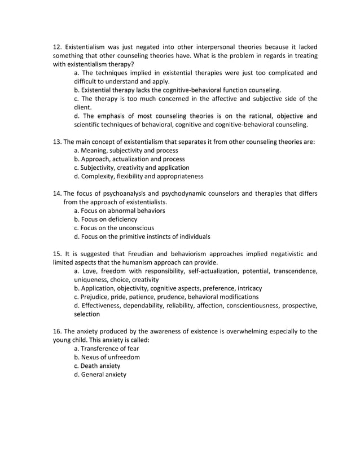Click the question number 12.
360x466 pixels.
pos(58,46)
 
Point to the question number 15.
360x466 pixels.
pos(58,253)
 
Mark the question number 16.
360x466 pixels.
pos(58,331)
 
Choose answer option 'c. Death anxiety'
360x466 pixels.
pos(97,366)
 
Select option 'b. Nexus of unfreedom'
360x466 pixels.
pos(107,357)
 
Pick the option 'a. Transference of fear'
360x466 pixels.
pos(106,349)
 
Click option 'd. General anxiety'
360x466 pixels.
pos(100,374)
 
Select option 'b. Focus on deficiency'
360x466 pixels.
pos(106,219)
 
